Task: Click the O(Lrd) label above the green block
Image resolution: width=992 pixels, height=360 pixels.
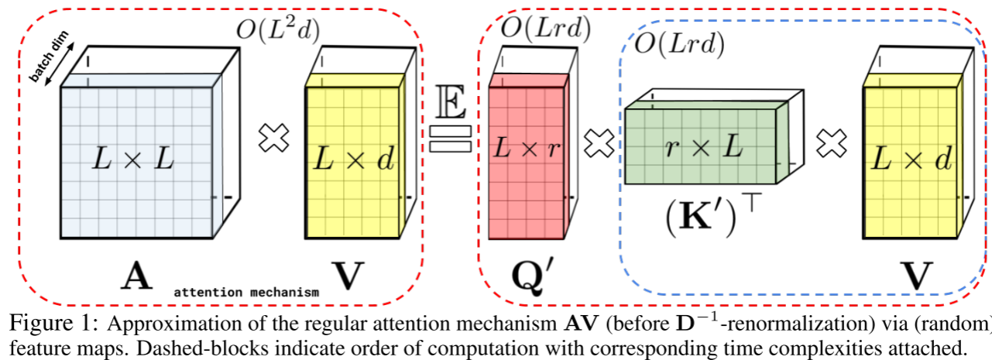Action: coord(679,46)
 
